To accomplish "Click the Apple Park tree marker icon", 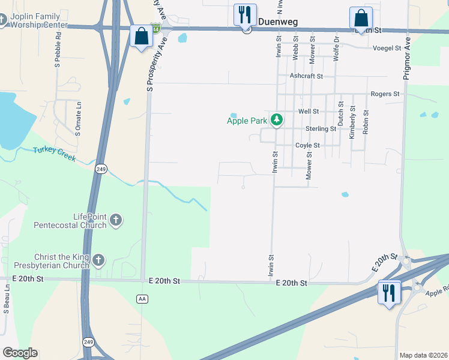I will [x=276, y=120].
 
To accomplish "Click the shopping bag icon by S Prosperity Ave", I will [x=142, y=37].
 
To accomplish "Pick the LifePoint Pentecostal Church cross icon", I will [x=116, y=221].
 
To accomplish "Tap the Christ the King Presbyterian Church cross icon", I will [x=98, y=260].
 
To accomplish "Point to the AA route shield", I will [x=142, y=298].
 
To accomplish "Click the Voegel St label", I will [x=387, y=48].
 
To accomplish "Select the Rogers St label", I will [x=385, y=94].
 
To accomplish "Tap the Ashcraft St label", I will [x=306, y=76].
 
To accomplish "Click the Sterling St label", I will [x=321, y=129].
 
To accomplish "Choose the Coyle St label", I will [x=307, y=146].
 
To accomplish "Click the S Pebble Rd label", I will [x=58, y=50].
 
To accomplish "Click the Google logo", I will [x=20, y=353].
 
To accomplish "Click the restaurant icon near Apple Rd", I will [x=389, y=294].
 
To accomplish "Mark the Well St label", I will [x=308, y=112].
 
